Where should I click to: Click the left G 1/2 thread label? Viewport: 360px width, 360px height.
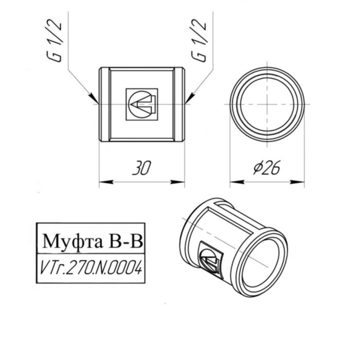pyautogui.click(x=58, y=42)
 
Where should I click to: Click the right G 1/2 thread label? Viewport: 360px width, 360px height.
pyautogui.click(x=200, y=42)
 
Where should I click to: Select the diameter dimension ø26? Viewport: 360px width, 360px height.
pyautogui.click(x=267, y=168)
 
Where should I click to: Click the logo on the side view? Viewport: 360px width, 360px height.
pyautogui.click(x=141, y=104)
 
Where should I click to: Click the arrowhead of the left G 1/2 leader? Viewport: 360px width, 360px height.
pyautogui.click(x=94, y=98)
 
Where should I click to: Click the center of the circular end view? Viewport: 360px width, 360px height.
pyautogui.click(x=266, y=104)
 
